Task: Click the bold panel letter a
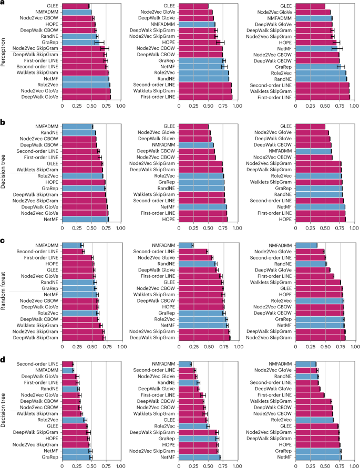[x=3, y=3]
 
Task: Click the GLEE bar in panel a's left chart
[x=76, y=6]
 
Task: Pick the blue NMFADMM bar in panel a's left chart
[x=77, y=12]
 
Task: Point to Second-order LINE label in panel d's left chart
[x=37, y=364]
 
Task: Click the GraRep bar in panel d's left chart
[x=77, y=457]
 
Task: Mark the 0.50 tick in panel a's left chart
[x=91, y=106]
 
